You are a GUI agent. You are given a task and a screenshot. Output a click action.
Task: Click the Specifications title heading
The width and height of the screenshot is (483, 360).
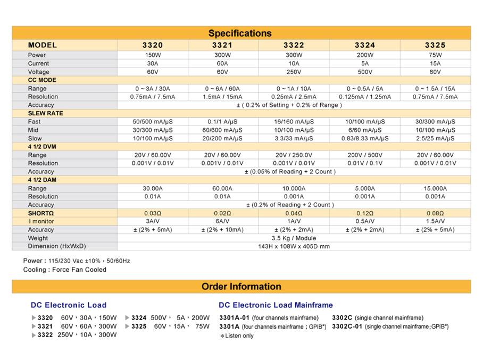pyautogui.click(x=240, y=33)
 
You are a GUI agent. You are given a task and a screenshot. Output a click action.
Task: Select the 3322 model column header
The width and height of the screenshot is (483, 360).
pyautogui.click(x=294, y=45)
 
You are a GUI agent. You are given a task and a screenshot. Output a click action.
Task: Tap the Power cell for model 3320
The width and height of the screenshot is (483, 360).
pyautogui.click(x=153, y=55)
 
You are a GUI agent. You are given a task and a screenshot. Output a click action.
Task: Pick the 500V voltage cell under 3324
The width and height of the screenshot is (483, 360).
pyautogui.click(x=364, y=72)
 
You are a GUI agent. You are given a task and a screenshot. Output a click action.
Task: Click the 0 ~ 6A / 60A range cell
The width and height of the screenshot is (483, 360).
pyautogui.click(x=222, y=88)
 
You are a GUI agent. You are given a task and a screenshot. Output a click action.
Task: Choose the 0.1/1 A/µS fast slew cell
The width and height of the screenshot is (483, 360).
pyautogui.click(x=222, y=122)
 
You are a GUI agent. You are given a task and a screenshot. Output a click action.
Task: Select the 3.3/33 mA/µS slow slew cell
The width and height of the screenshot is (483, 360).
pyautogui.click(x=294, y=138)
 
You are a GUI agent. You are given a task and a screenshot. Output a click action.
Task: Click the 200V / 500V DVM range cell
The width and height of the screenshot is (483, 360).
pyautogui.click(x=364, y=155)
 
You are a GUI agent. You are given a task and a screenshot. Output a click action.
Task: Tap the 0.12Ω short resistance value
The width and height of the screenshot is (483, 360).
pyautogui.click(x=364, y=213)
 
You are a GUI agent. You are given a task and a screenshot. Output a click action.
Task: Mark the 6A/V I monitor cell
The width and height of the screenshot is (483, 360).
pyautogui.click(x=222, y=221)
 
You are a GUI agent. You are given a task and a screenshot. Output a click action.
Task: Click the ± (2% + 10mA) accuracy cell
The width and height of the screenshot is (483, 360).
pyautogui.click(x=222, y=230)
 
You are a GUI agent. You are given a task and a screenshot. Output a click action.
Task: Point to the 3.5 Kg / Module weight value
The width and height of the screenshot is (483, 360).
pyautogui.click(x=294, y=238)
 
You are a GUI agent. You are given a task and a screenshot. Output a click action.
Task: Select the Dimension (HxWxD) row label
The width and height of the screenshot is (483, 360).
pyautogui.click(x=57, y=246)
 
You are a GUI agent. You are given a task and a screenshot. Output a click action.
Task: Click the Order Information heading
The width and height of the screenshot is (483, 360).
pyautogui.click(x=241, y=287)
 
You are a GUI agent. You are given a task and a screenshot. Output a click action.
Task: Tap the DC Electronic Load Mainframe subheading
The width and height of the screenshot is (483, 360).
pyautogui.click(x=276, y=305)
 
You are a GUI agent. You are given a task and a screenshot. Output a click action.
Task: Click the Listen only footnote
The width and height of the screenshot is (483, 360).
pyautogui.click(x=237, y=336)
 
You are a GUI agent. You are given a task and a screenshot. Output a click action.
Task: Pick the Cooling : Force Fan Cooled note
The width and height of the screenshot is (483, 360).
pyautogui.click(x=64, y=270)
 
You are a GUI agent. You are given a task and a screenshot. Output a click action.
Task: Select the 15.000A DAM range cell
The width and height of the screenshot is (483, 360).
pyautogui.click(x=435, y=188)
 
